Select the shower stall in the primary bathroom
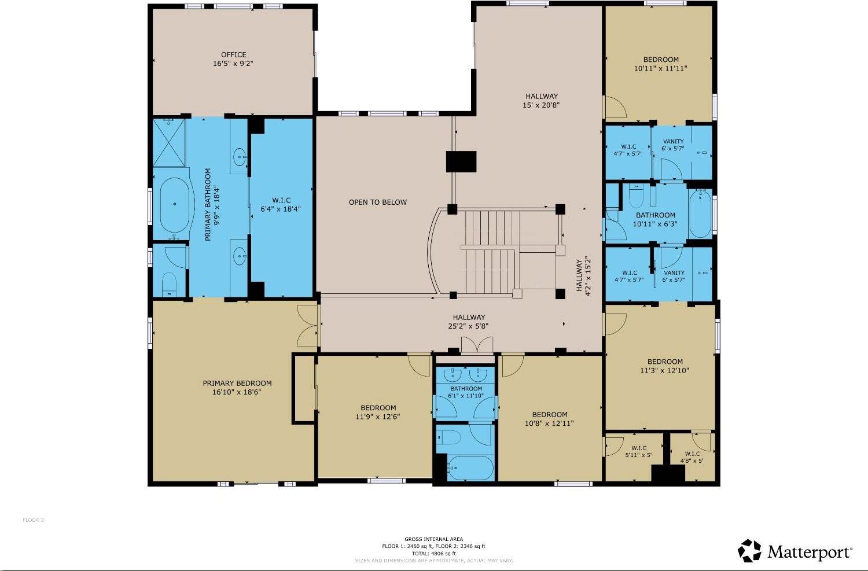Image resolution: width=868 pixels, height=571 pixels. point(169,142)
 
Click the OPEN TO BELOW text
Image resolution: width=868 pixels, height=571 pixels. point(377,202)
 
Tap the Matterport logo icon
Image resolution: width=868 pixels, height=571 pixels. point(750,551)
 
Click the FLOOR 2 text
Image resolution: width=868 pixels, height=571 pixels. point(34,520)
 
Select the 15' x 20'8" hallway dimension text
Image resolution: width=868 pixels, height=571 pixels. point(541,105)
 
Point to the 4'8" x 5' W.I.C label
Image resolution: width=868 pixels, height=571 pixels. point(692,457)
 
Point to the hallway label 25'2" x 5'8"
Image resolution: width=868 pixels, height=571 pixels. point(469,326)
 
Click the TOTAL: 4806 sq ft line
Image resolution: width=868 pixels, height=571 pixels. point(433,553)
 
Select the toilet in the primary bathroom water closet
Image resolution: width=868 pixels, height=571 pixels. point(168,284)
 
